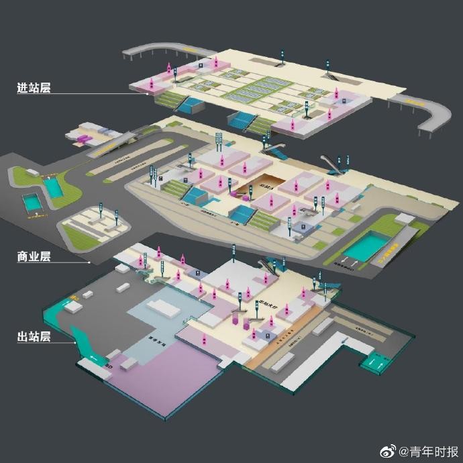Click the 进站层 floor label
(34, 87)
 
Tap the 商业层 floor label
(34, 256)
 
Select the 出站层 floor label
(34, 336)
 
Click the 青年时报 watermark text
(429, 450)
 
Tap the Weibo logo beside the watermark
(389, 450)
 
